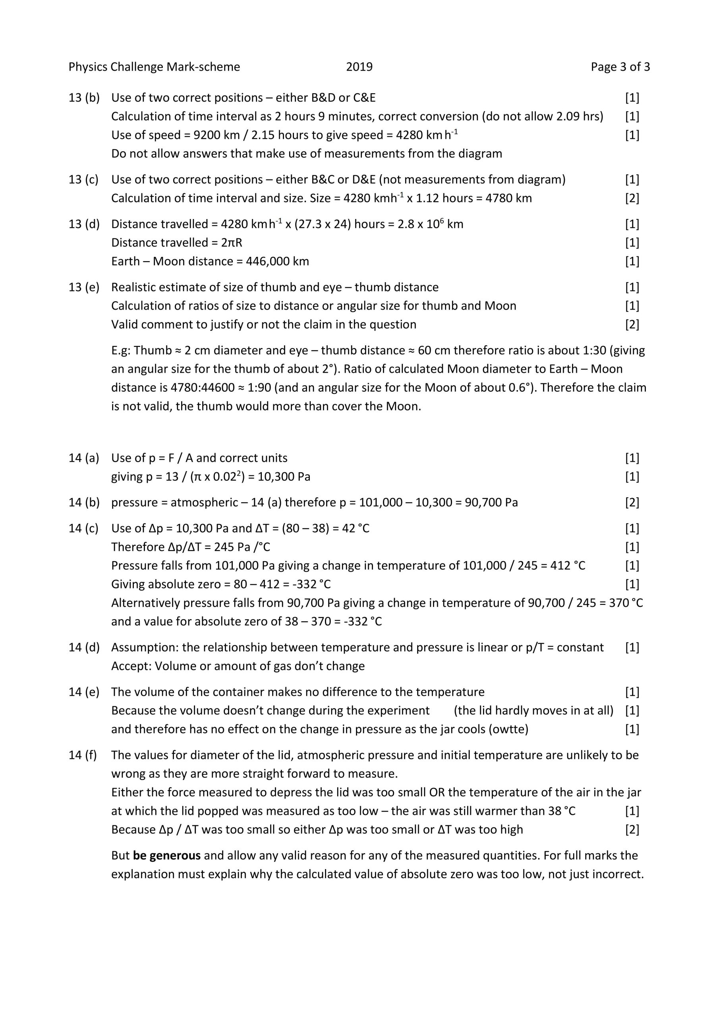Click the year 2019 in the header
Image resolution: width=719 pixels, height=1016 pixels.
pyautogui.click(x=359, y=67)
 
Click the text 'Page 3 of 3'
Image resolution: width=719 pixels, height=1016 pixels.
pyautogui.click(x=620, y=67)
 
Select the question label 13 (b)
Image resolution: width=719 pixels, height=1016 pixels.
pyautogui.click(x=84, y=98)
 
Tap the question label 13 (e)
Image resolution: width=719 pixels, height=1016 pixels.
pyautogui.click(x=84, y=288)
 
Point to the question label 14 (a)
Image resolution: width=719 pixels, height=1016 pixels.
pyautogui.click(x=84, y=458)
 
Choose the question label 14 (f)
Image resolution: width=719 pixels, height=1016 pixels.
pyautogui.click(x=83, y=755)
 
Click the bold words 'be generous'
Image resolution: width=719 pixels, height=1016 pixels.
pyautogui.click(x=166, y=855)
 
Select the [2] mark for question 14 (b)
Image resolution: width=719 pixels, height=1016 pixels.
pyautogui.click(x=632, y=503)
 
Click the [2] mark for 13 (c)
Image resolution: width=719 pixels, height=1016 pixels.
pyautogui.click(x=632, y=198)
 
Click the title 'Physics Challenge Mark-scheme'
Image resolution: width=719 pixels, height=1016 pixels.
pyautogui.click(x=154, y=67)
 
